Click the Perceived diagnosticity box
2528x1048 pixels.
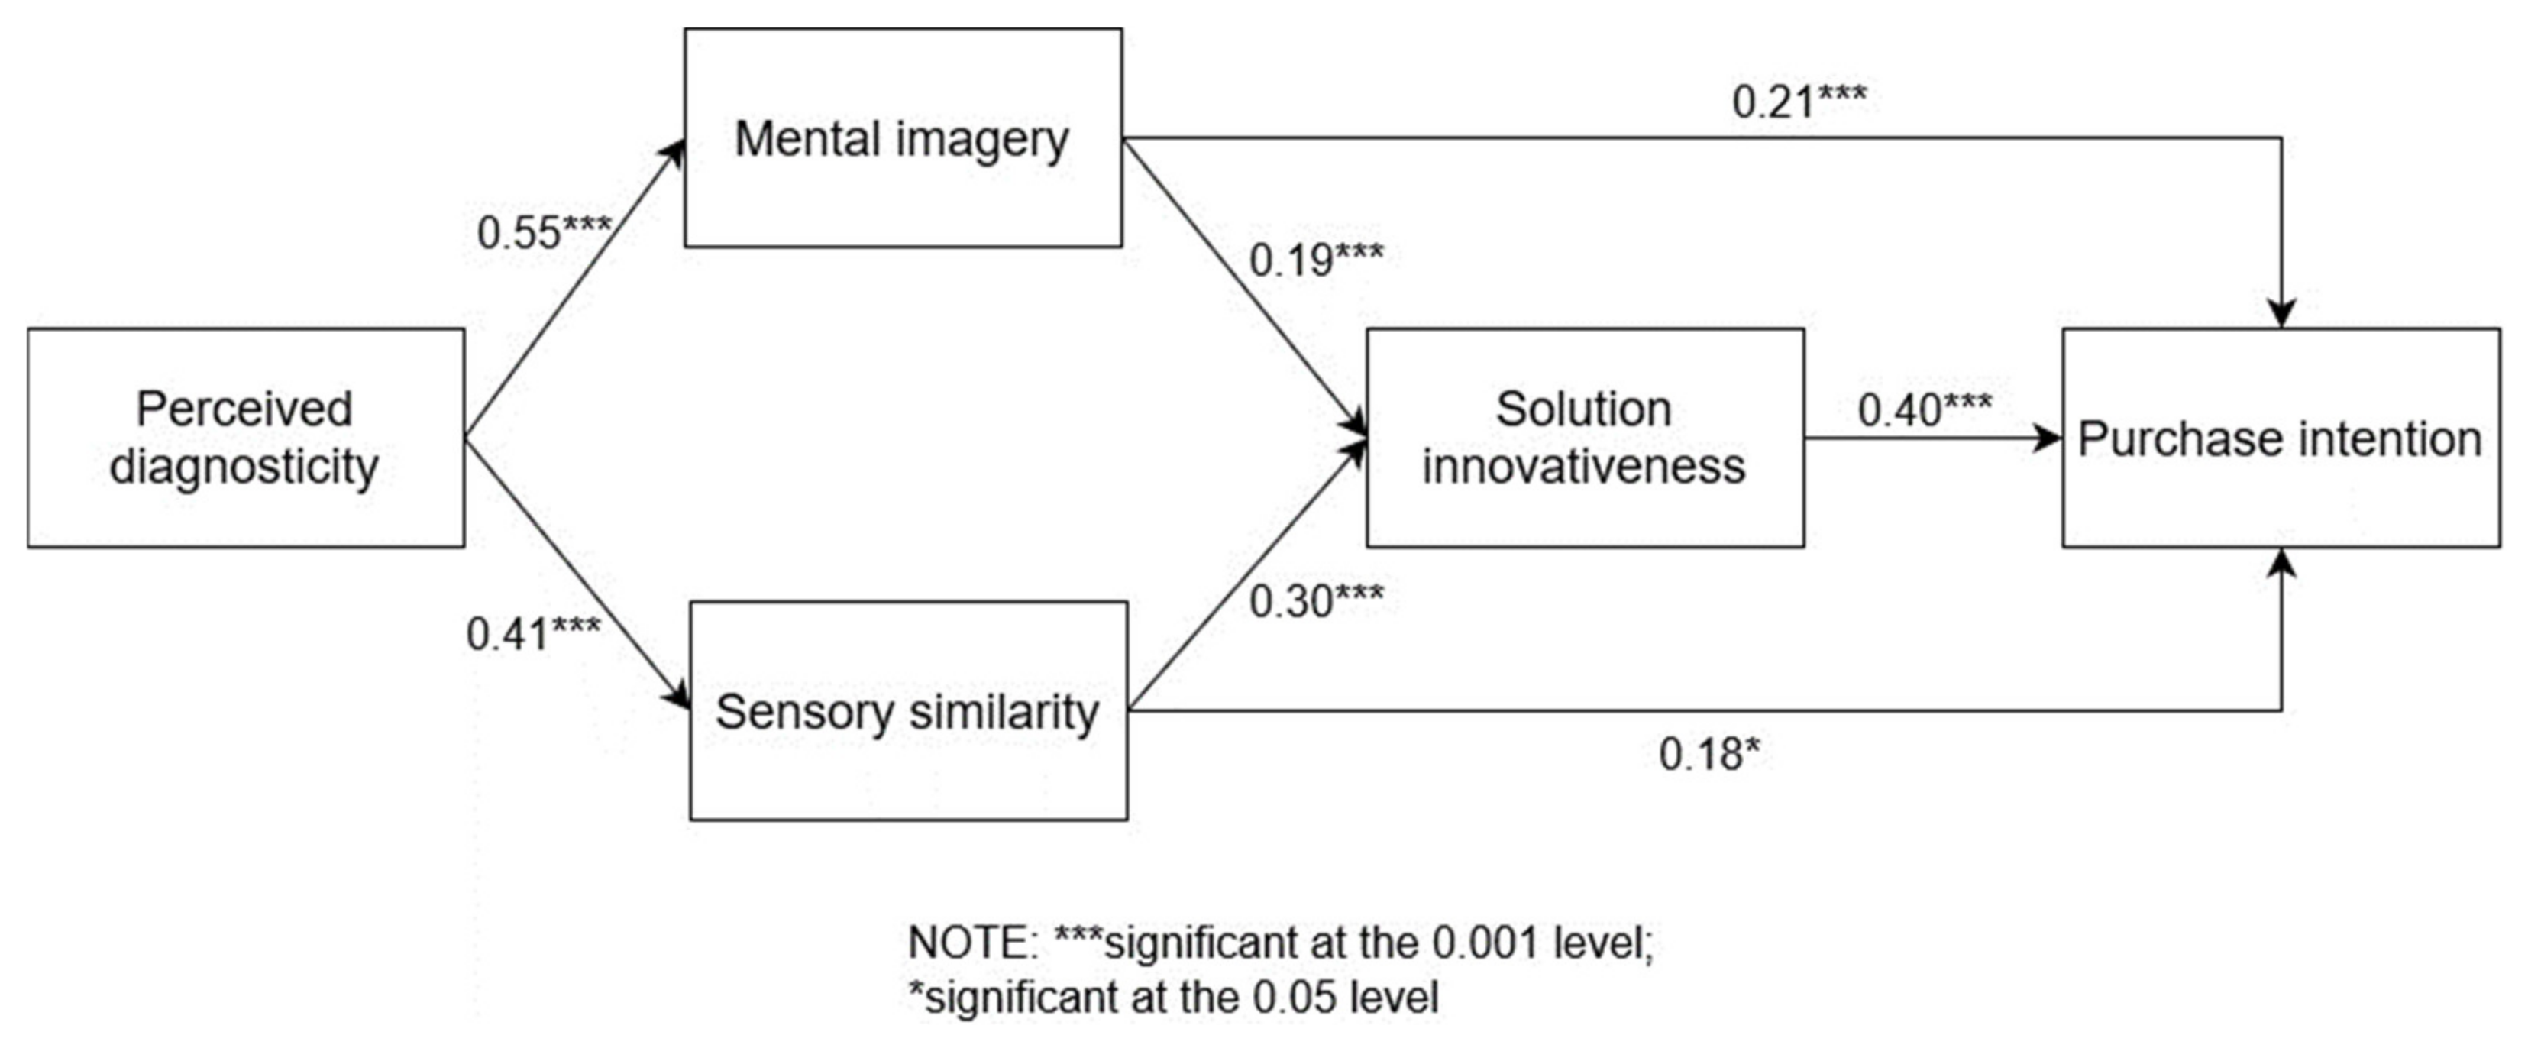(245, 438)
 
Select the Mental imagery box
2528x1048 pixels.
(902, 137)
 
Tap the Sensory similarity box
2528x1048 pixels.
(908, 710)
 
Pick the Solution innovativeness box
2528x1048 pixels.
(1584, 438)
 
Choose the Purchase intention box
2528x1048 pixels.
(2280, 438)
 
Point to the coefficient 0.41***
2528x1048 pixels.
(533, 634)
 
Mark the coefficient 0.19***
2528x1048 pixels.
(1315, 260)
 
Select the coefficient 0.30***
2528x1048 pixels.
(1315, 600)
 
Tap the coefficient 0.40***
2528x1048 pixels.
(1923, 410)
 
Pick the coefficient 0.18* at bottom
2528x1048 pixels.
(1709, 755)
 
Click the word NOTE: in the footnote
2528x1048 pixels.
(971, 943)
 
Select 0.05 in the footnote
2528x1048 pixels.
(1295, 998)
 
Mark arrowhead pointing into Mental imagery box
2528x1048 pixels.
(673, 152)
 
